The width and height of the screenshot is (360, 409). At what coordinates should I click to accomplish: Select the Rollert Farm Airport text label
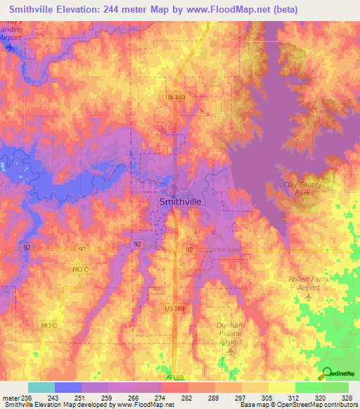tap(309, 283)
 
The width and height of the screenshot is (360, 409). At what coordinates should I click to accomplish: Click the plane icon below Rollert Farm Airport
tap(308, 297)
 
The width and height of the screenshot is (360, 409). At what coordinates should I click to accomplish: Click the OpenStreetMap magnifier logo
tap(327, 375)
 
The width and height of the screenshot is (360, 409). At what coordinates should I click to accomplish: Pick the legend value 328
tap(347, 398)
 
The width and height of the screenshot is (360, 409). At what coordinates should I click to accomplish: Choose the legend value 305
tap(266, 398)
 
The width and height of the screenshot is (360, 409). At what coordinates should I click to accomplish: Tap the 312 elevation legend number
tap(293, 398)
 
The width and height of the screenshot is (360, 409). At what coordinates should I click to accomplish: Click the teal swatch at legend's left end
tap(41, 387)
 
